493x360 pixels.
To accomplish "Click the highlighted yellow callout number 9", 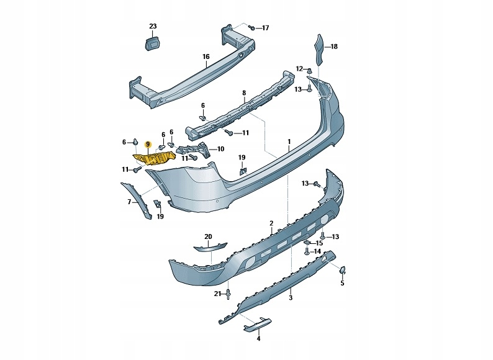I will point(148,145).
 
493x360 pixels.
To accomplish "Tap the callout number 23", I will point(153,26).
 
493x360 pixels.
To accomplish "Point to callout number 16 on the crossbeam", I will point(206,56).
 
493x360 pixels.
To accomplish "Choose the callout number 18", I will point(334,47).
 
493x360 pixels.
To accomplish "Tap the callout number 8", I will point(244,93).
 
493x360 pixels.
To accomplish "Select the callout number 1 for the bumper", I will point(289,142).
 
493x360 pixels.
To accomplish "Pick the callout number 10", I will point(220,149).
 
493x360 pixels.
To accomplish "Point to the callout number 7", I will point(130,202).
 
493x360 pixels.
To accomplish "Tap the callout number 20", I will point(208,236).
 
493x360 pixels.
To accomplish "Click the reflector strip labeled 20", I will point(208,248).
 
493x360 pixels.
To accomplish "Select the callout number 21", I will point(217,294).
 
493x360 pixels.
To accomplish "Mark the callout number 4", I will point(259,339).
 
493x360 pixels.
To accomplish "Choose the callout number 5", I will point(342,284).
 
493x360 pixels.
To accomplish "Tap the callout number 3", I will point(290,299).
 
